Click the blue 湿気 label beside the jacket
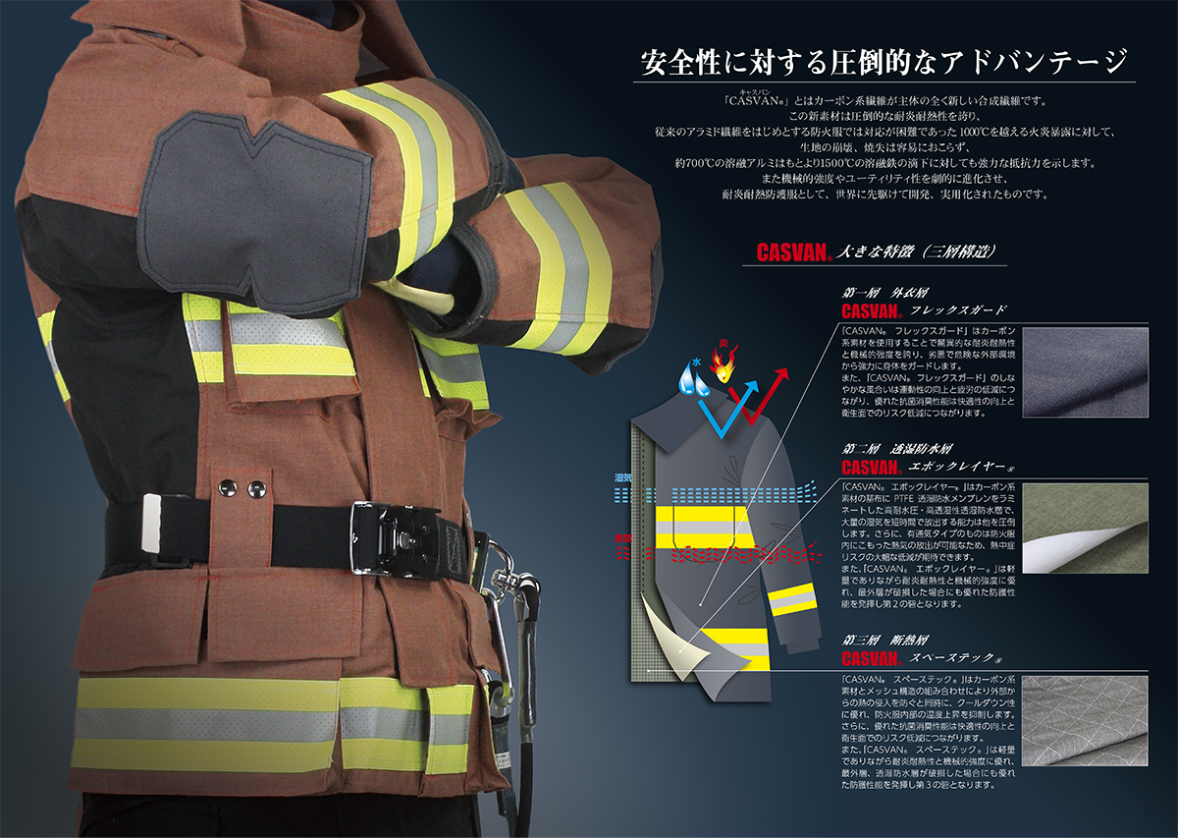coord(622,476)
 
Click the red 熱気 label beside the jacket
coord(622,537)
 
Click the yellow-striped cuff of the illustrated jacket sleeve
coord(792,599)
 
